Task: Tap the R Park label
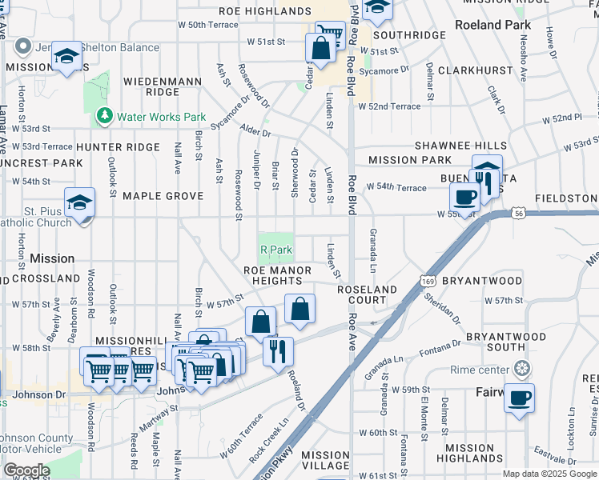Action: pos(276,250)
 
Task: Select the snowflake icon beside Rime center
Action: pos(522,370)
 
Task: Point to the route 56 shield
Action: pos(519,214)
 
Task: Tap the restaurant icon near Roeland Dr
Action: pos(278,350)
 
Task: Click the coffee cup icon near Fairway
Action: pos(519,398)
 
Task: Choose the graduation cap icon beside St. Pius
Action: pos(79,202)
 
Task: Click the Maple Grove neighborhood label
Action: pos(162,196)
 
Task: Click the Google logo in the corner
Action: pos(26,470)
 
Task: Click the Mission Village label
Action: pos(320,459)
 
